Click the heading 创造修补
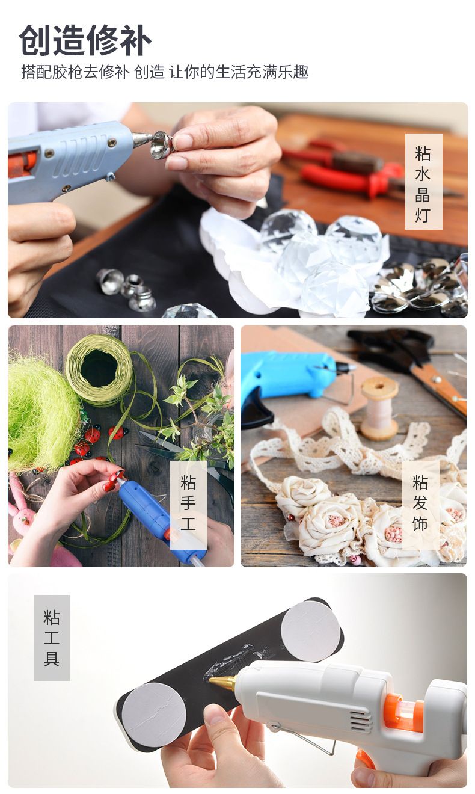point(85,40)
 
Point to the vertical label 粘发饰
point(420,503)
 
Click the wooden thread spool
point(379,408)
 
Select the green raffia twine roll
point(100,370)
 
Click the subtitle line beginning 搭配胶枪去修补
point(165,72)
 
